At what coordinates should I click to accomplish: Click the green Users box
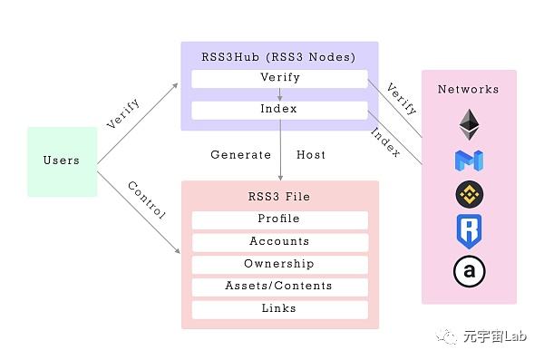click(62, 161)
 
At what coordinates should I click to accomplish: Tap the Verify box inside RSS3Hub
click(278, 78)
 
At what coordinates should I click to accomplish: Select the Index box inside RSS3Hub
click(278, 110)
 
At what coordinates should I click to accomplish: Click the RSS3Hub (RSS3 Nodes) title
click(278, 57)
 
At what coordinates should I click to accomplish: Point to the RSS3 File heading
click(279, 196)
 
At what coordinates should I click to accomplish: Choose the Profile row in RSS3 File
click(279, 219)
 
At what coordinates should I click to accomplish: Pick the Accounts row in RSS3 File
click(279, 242)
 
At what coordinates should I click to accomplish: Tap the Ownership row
click(279, 264)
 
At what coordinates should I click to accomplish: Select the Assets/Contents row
click(279, 287)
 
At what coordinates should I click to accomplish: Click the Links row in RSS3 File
click(279, 309)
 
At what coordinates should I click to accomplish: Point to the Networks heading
click(468, 90)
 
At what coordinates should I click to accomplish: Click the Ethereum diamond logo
click(469, 122)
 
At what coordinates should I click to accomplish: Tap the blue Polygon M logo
click(469, 160)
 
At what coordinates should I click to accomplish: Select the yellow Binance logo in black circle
click(469, 195)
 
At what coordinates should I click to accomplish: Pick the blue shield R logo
click(469, 232)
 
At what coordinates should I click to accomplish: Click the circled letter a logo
click(469, 271)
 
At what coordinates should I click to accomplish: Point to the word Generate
click(241, 155)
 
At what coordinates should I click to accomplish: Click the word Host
click(311, 155)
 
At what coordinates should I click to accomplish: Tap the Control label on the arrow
click(146, 201)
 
